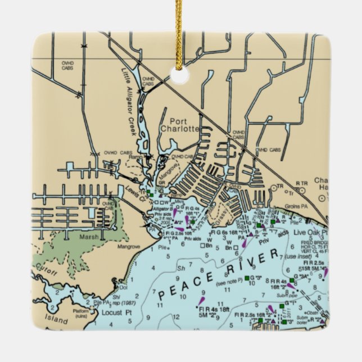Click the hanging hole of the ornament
(x=180, y=75)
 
